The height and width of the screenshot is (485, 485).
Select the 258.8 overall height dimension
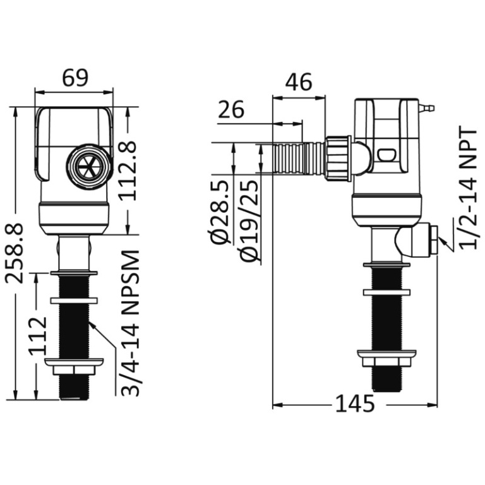(15, 253)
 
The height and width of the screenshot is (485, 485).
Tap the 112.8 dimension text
(128, 171)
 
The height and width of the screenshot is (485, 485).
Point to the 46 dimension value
(299, 82)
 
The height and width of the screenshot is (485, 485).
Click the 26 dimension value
(231, 109)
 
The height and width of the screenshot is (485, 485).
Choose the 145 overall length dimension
(355, 404)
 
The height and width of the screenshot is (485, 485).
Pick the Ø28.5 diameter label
(220, 212)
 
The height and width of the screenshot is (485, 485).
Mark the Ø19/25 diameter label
(249, 220)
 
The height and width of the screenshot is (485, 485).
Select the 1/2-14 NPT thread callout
(470, 188)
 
